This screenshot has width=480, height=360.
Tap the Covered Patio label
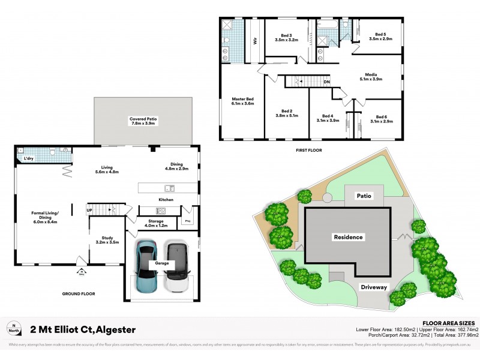click(143, 122)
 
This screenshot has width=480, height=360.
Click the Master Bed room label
click(242, 101)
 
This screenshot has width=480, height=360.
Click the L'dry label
click(27, 158)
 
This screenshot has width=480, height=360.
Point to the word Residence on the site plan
click(348, 237)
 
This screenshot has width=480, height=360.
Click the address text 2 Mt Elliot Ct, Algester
click(83, 329)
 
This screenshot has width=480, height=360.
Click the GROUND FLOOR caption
click(79, 294)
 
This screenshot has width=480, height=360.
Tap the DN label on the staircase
click(327, 82)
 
